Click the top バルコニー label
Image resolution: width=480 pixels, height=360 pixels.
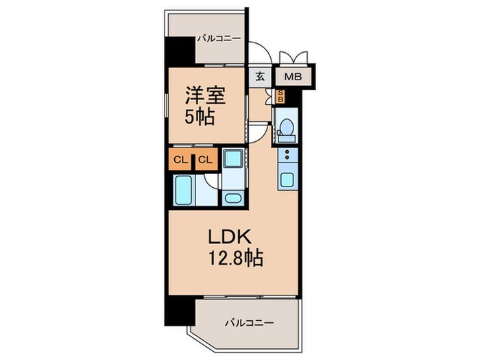pos(219,39)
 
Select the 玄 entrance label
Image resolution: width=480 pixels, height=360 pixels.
pos(261,76)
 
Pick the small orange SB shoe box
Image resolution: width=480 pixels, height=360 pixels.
pos(280,96)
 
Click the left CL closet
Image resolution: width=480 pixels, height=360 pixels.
pos(180,160)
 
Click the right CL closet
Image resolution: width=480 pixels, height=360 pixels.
pos(205,160)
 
